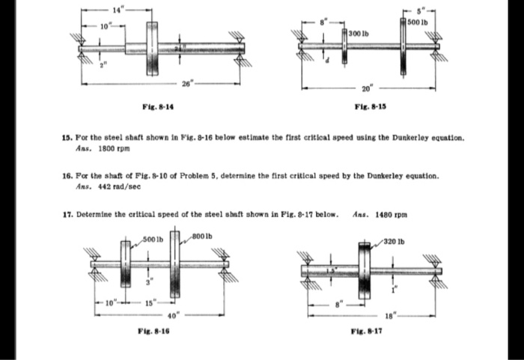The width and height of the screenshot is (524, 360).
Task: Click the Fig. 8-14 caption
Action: [x=154, y=108]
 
